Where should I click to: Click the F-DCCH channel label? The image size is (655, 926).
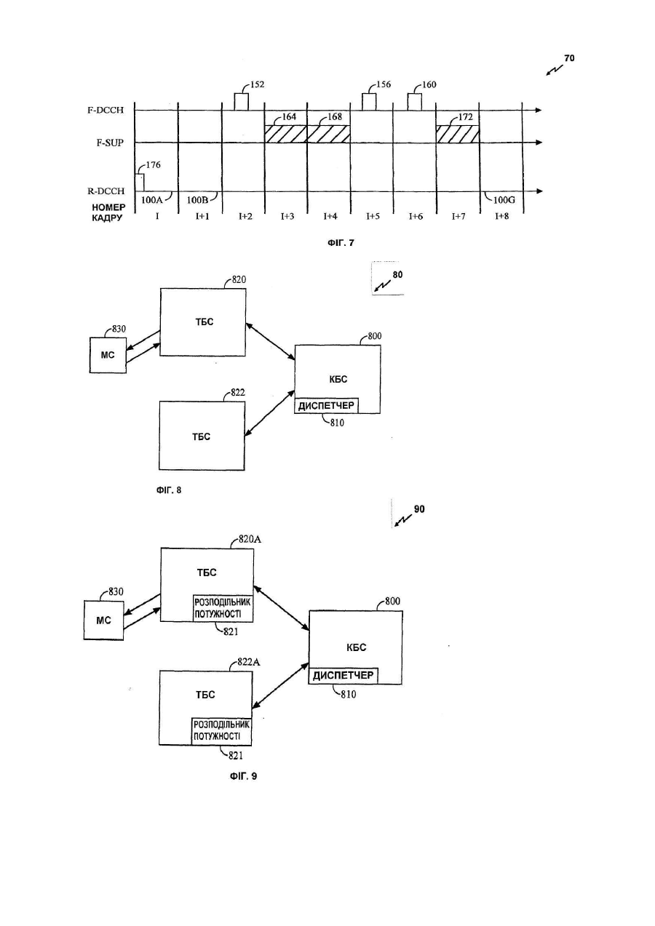click(x=106, y=111)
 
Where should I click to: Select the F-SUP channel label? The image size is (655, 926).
click(x=110, y=143)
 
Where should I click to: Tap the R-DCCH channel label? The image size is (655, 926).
click(x=106, y=191)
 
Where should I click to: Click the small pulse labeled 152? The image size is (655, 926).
click(x=242, y=102)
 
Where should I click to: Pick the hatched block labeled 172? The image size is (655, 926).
click(x=458, y=134)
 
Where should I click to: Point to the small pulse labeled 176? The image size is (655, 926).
click(x=140, y=183)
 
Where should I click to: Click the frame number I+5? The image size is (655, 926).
click(x=373, y=216)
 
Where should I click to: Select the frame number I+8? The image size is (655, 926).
click(x=501, y=216)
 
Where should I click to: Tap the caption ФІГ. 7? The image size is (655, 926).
click(x=341, y=243)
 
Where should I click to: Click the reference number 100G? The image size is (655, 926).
click(x=504, y=201)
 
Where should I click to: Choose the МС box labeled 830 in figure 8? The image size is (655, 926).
click(x=108, y=355)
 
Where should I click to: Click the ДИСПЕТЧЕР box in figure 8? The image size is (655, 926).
click(x=326, y=406)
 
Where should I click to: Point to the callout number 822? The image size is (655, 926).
click(x=238, y=392)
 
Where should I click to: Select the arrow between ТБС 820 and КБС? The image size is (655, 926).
click(x=270, y=341)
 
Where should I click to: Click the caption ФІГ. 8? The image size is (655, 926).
click(x=169, y=490)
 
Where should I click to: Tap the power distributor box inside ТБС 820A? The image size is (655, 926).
click(x=223, y=608)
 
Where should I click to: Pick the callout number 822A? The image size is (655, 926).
click(x=249, y=662)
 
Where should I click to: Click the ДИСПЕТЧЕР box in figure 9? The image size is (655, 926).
click(x=344, y=676)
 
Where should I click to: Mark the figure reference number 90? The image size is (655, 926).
click(x=419, y=509)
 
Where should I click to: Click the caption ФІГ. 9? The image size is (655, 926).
click(x=243, y=776)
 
